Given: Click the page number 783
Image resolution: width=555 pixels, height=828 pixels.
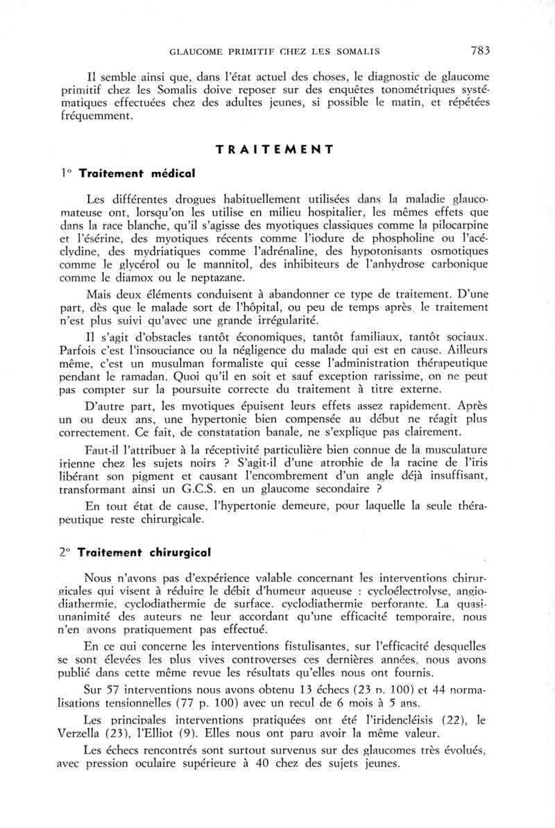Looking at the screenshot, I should [x=480, y=50].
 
